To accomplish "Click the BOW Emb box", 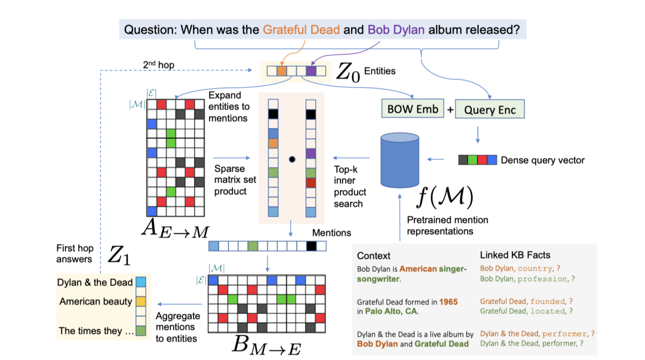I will (x=413, y=109).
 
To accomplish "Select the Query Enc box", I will (x=490, y=109).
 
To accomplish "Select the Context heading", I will (x=374, y=256).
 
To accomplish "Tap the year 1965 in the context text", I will (x=449, y=301).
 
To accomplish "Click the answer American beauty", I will (x=96, y=301).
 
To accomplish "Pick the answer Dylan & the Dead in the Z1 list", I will (x=95, y=282).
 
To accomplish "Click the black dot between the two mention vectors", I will (x=292, y=159).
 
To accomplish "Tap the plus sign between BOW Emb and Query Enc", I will (x=450, y=110).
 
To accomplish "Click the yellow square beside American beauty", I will (x=141, y=301).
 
